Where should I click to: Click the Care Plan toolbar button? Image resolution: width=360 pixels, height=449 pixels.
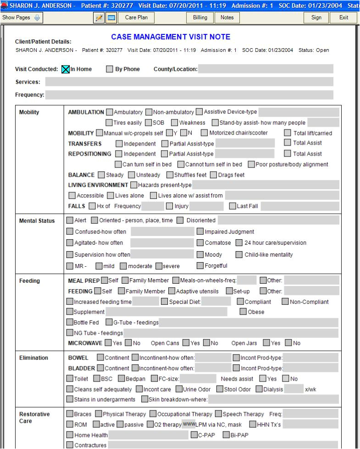pyautogui.click(x=136, y=17)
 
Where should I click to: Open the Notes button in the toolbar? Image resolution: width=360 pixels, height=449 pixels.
pyautogui.click(x=227, y=17)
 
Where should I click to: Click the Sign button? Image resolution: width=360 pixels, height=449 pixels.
pyautogui.click(x=316, y=17)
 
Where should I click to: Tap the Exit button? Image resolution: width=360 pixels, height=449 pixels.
pyautogui.click(x=343, y=17)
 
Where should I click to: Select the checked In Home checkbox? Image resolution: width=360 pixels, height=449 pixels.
pyautogui.click(x=66, y=69)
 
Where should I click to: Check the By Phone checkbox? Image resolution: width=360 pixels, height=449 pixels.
pyautogui.click(x=110, y=69)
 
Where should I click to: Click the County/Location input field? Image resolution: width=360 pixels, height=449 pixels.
pyautogui.click(x=266, y=69)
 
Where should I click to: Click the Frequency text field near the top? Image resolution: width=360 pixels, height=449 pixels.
pyautogui.click(x=189, y=95)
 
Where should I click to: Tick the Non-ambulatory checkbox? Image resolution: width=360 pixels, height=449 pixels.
pyautogui.click(x=149, y=112)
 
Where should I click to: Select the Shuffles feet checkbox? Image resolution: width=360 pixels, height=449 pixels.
pyautogui.click(x=170, y=175)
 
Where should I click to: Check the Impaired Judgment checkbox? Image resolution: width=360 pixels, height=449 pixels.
pyautogui.click(x=200, y=232)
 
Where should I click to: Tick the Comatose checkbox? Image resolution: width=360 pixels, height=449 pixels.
pyautogui.click(x=200, y=243)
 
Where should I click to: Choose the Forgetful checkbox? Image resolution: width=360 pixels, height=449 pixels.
pyautogui.click(x=200, y=266)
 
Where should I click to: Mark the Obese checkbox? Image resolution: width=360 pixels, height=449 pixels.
pyautogui.click(x=244, y=312)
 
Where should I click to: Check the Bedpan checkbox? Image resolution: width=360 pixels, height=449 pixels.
pyautogui.click(x=122, y=379)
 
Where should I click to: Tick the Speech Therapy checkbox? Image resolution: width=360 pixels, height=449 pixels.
pyautogui.click(x=219, y=414)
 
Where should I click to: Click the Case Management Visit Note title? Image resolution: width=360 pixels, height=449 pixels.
pyautogui.click(x=171, y=37)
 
